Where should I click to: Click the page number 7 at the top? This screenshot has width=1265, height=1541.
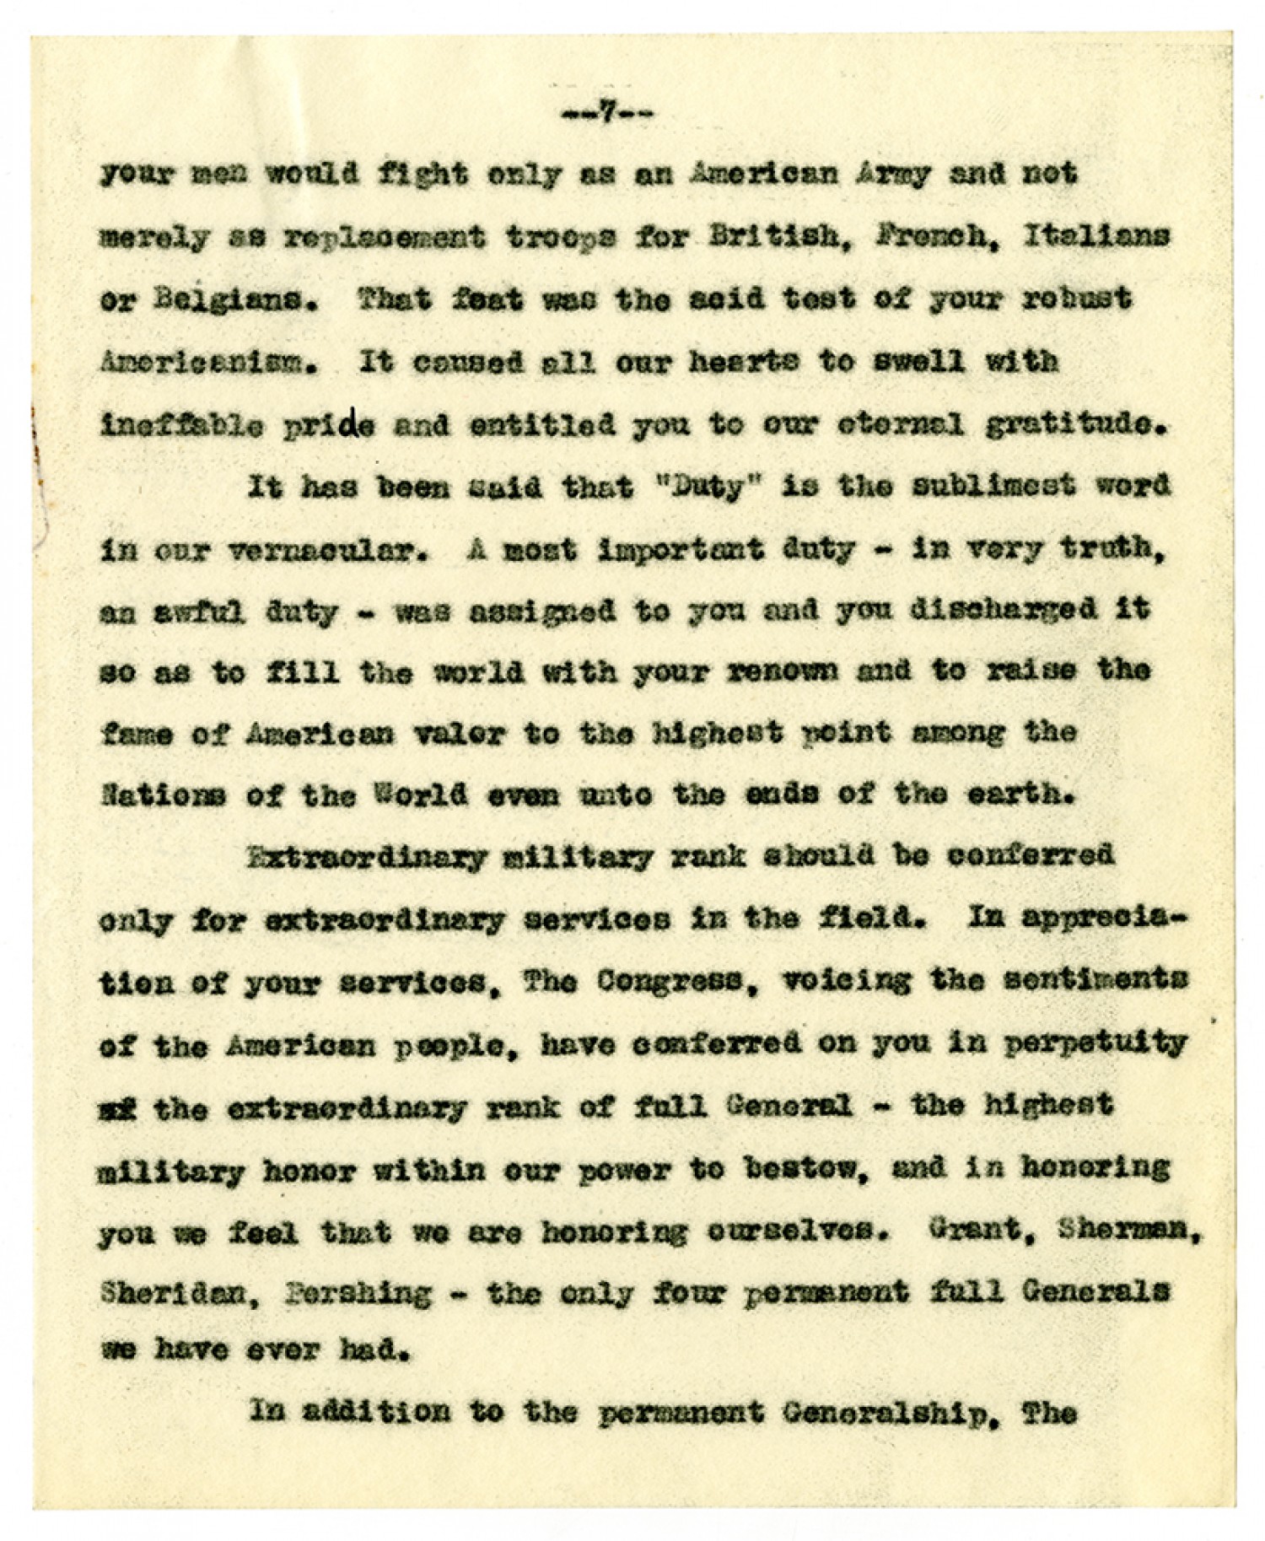606,115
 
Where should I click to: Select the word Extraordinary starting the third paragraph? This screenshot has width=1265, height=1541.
367,857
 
